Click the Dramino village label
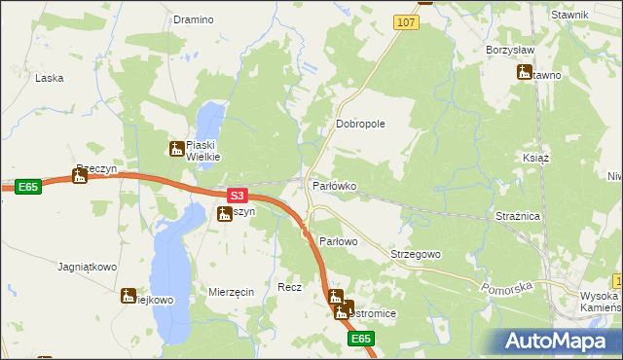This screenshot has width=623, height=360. (193, 18)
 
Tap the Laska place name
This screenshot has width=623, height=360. (49, 77)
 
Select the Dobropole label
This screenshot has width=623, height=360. (361, 125)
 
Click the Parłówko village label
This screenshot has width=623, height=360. (334, 185)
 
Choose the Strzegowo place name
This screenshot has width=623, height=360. (416, 254)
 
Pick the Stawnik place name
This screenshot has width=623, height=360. (569, 15)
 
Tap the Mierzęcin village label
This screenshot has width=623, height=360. (232, 292)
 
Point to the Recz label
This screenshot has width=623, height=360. (289, 288)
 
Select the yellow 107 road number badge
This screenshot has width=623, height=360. (407, 21)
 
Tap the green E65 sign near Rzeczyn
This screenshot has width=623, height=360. (28, 186)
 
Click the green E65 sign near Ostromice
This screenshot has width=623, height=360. (361, 339)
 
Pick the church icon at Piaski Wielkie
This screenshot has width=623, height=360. (176, 149)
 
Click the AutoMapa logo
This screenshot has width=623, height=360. (559, 342)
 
